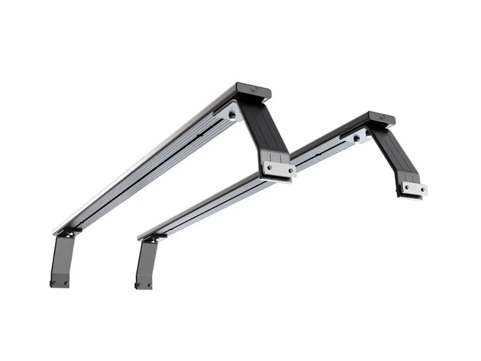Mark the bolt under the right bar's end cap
pos(357,138)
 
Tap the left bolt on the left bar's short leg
pos(54,283)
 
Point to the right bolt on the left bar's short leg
pos(66,283)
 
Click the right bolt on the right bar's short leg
pos(149,285)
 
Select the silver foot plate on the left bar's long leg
pos(279,169)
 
